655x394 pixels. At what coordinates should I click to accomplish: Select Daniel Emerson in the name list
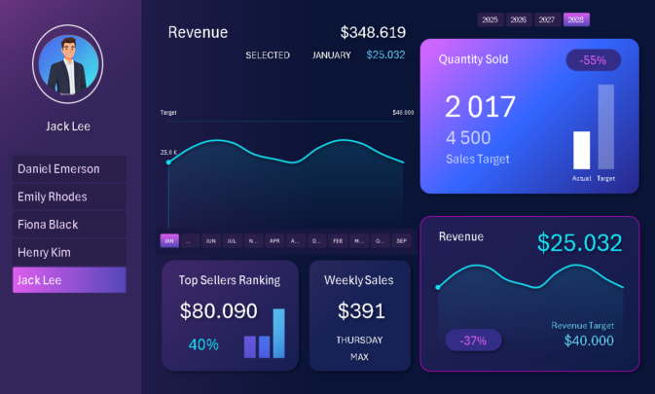click(x=69, y=169)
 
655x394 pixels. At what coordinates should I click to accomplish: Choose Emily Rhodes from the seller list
click(x=69, y=197)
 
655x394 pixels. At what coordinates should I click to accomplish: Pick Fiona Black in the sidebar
click(x=69, y=225)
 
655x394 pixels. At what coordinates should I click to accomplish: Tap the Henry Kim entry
click(x=69, y=252)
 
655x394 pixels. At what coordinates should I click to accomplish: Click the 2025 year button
click(x=490, y=19)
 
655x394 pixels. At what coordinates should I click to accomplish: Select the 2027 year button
click(x=547, y=19)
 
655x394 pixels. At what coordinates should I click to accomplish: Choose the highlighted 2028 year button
click(x=576, y=19)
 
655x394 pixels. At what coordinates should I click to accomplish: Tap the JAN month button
click(x=169, y=240)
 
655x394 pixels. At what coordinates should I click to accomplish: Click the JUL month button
click(x=232, y=240)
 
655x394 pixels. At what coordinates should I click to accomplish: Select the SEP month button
click(x=401, y=240)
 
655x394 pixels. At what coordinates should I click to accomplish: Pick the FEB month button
click(x=338, y=240)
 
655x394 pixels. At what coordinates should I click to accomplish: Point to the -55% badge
click(x=593, y=60)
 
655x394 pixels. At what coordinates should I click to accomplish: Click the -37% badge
click(x=473, y=340)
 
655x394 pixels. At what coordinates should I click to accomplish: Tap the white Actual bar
click(x=582, y=151)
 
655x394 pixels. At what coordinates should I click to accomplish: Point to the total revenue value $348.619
click(x=373, y=32)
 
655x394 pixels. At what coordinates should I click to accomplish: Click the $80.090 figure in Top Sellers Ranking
click(x=219, y=311)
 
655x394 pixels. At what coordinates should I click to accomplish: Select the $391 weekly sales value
click(x=359, y=311)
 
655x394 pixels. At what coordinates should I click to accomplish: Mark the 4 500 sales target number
click(x=468, y=138)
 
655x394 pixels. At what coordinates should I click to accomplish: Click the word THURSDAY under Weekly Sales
click(x=359, y=340)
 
